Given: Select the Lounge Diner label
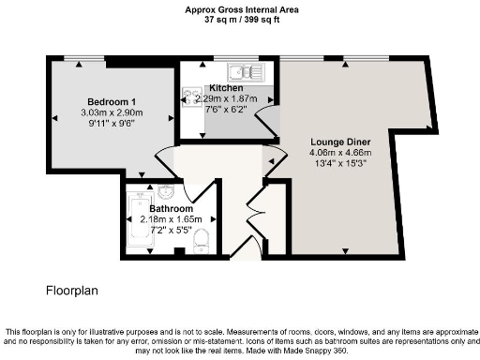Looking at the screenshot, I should [341, 141].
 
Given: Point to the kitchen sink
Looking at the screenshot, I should [248, 71].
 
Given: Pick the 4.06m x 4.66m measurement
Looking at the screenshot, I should [341, 153].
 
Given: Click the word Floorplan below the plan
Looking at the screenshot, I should [71, 291].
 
